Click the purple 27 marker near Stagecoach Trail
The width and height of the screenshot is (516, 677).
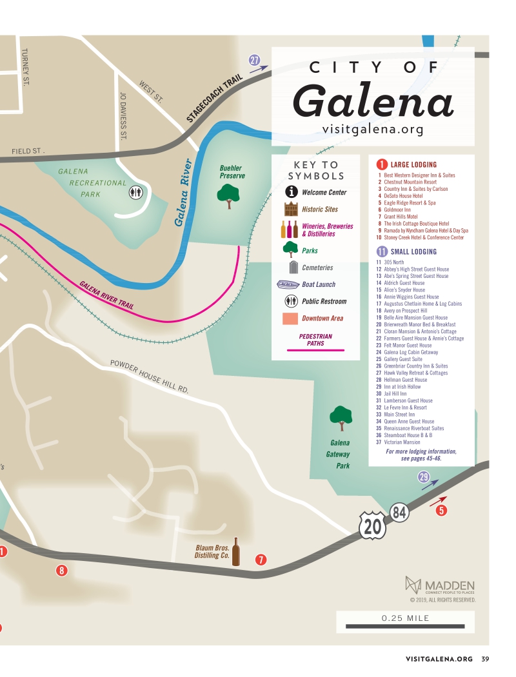pos(255,61)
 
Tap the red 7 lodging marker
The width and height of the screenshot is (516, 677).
pos(261,560)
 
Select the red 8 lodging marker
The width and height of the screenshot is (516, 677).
pos(61,570)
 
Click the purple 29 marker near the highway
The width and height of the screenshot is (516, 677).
pos(423,477)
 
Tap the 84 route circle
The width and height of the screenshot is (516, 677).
pos(399,513)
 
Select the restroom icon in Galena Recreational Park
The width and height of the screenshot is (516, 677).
pos(135,191)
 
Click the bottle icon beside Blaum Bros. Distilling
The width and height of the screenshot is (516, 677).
pos(236,552)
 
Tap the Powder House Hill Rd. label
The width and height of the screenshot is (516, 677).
pos(150,376)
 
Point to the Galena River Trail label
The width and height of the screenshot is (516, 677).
pos(106,295)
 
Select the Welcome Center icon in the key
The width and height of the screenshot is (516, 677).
pos(292,192)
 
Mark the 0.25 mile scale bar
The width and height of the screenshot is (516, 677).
pos(404,626)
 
